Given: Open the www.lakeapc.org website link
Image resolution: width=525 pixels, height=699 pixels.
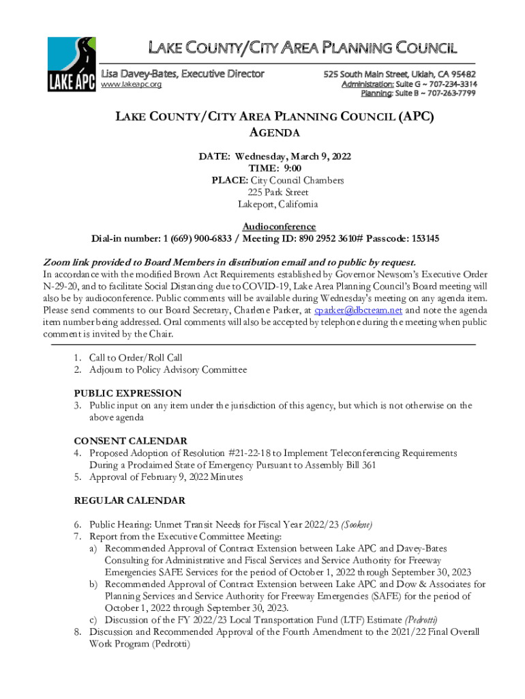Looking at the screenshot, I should pos(131,85).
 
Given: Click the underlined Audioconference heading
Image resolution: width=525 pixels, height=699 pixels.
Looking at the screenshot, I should pos(279,227).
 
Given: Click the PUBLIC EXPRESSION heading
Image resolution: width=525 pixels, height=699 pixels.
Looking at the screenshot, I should pos(127,393).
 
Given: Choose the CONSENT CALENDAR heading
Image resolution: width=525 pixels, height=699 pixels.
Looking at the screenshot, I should pos(130,441).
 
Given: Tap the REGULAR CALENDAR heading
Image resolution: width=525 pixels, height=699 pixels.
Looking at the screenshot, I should pos(130,501).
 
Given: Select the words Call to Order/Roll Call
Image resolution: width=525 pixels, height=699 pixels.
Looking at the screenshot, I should pos(136,358).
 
